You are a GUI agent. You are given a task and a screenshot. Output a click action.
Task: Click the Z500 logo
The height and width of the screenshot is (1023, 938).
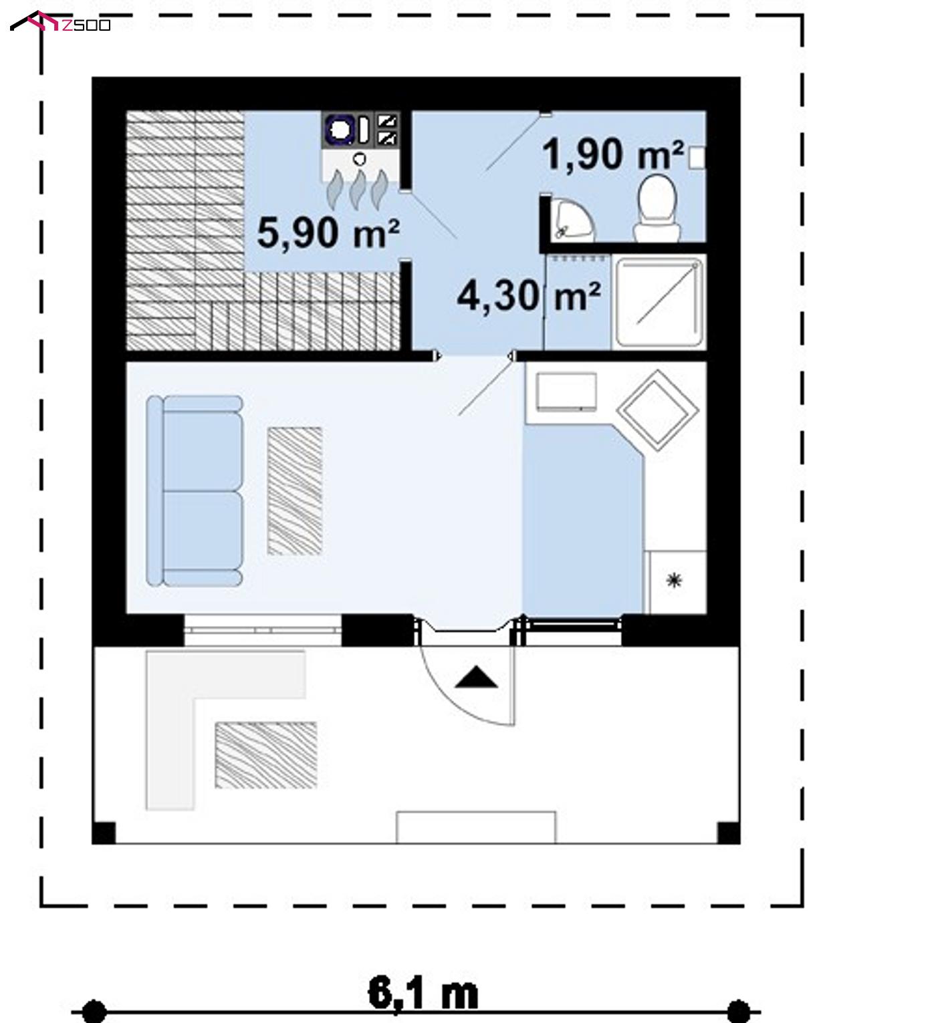(x=60, y=21)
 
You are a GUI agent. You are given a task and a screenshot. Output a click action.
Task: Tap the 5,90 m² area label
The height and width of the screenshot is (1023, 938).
(x=328, y=233)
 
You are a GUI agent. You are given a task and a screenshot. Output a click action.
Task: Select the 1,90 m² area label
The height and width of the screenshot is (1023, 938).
(x=612, y=154)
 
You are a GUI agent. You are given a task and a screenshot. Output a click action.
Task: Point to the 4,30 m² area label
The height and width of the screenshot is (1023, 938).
(x=528, y=296)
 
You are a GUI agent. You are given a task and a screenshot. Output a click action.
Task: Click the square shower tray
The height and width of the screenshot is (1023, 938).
(x=659, y=302)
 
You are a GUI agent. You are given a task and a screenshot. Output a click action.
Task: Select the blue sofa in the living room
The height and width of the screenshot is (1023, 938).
(x=194, y=490)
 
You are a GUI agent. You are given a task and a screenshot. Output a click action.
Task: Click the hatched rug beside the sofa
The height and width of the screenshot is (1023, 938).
(x=294, y=491)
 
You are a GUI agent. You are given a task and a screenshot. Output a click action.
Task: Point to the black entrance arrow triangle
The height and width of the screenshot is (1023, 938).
(x=475, y=677)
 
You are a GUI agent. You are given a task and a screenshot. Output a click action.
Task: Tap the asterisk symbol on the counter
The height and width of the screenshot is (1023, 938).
(x=674, y=580)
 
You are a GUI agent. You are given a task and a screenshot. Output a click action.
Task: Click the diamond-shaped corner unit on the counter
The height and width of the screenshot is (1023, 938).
(x=657, y=410)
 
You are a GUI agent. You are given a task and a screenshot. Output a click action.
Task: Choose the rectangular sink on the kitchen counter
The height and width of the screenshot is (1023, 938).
(x=566, y=392)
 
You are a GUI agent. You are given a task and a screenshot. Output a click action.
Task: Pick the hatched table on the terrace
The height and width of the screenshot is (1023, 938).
(x=266, y=755)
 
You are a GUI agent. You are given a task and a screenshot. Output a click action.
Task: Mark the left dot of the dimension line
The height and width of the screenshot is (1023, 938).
(x=94, y=1011)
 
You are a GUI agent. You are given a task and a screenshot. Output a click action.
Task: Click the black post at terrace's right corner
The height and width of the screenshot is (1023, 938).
(x=728, y=833)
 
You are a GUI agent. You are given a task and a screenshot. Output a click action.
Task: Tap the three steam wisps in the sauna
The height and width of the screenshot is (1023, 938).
(x=357, y=189)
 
